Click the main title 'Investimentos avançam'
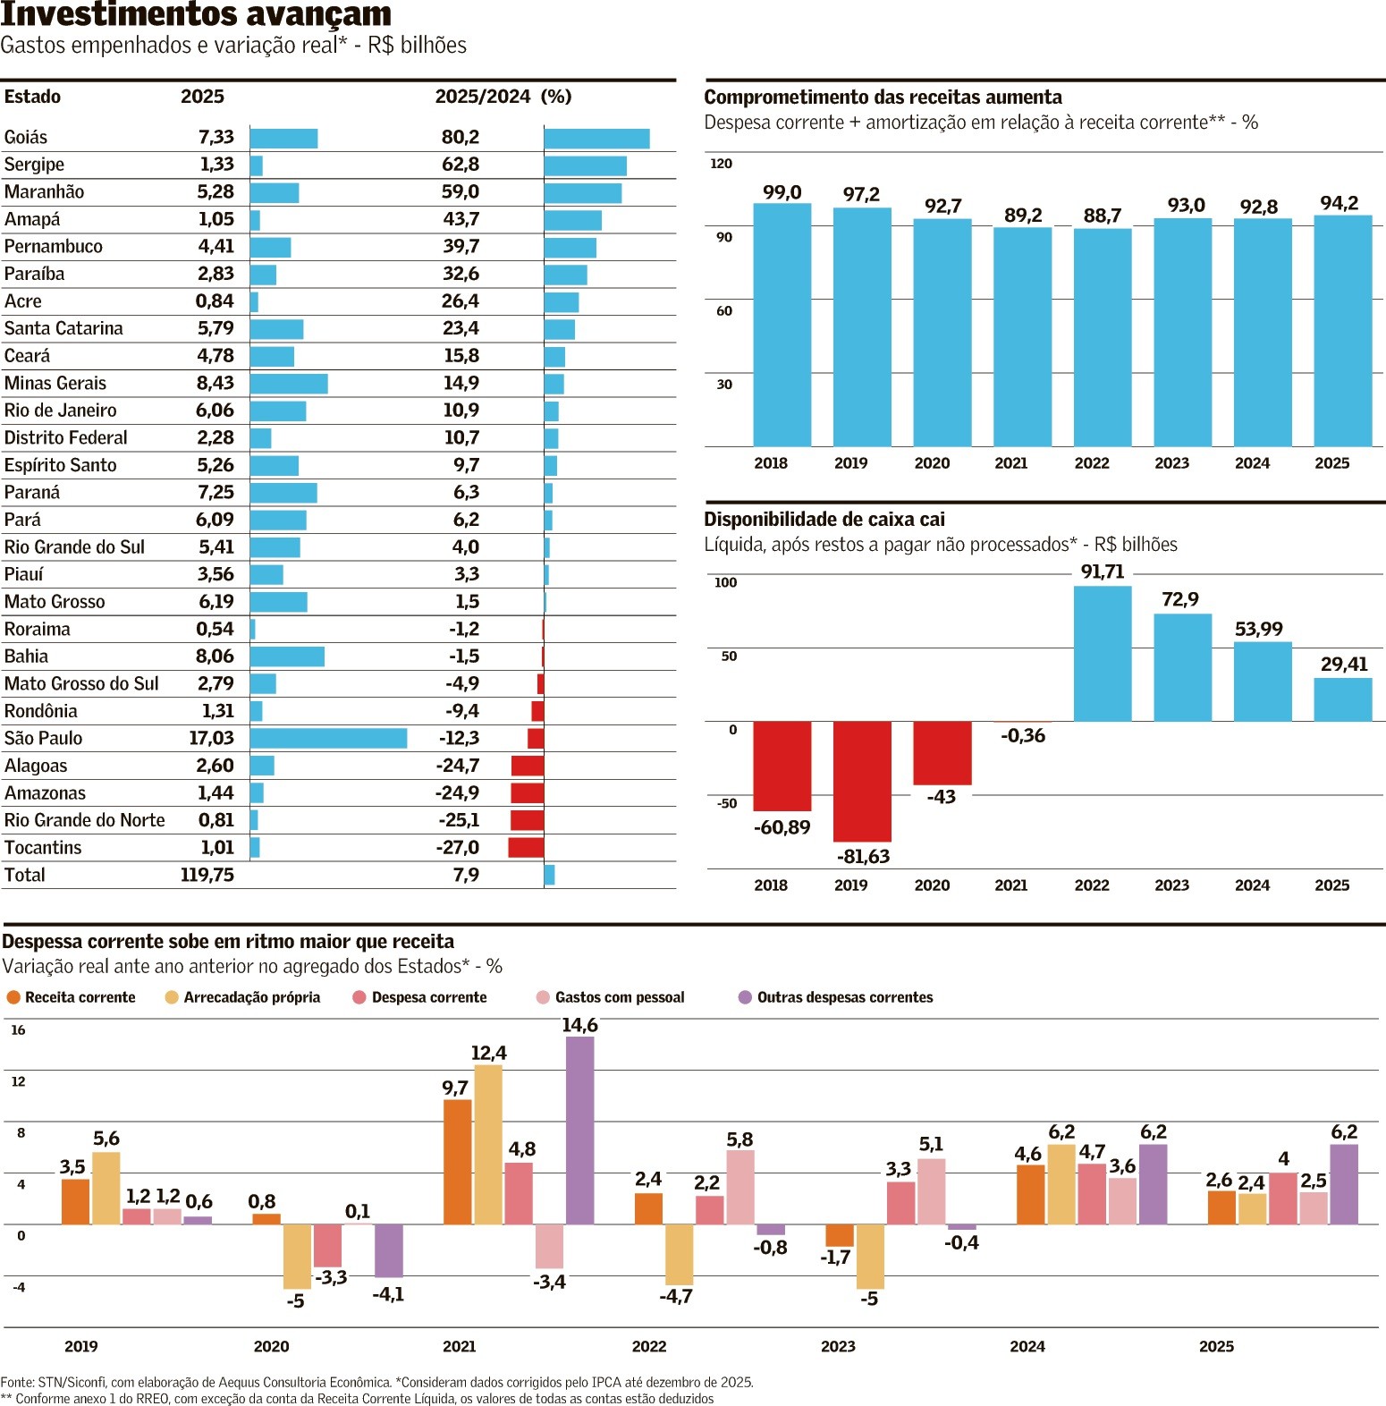(196, 14)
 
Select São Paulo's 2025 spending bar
(328, 738)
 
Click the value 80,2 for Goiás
(461, 137)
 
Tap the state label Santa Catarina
(63, 328)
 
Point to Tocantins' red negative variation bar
(526, 847)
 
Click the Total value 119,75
(207, 875)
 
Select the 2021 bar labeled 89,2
(1022, 336)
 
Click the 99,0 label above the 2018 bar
(782, 192)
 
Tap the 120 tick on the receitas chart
(721, 164)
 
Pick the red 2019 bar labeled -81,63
(862, 781)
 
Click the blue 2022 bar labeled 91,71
(1102, 653)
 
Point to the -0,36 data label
(1023, 735)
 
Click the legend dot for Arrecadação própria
(172, 997)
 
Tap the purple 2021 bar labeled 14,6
(579, 1130)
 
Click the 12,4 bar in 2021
(487, 1145)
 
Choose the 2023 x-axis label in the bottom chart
(838, 1346)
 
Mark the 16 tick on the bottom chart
(18, 1030)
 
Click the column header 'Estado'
(32, 97)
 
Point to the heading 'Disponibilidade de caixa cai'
(824, 520)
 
